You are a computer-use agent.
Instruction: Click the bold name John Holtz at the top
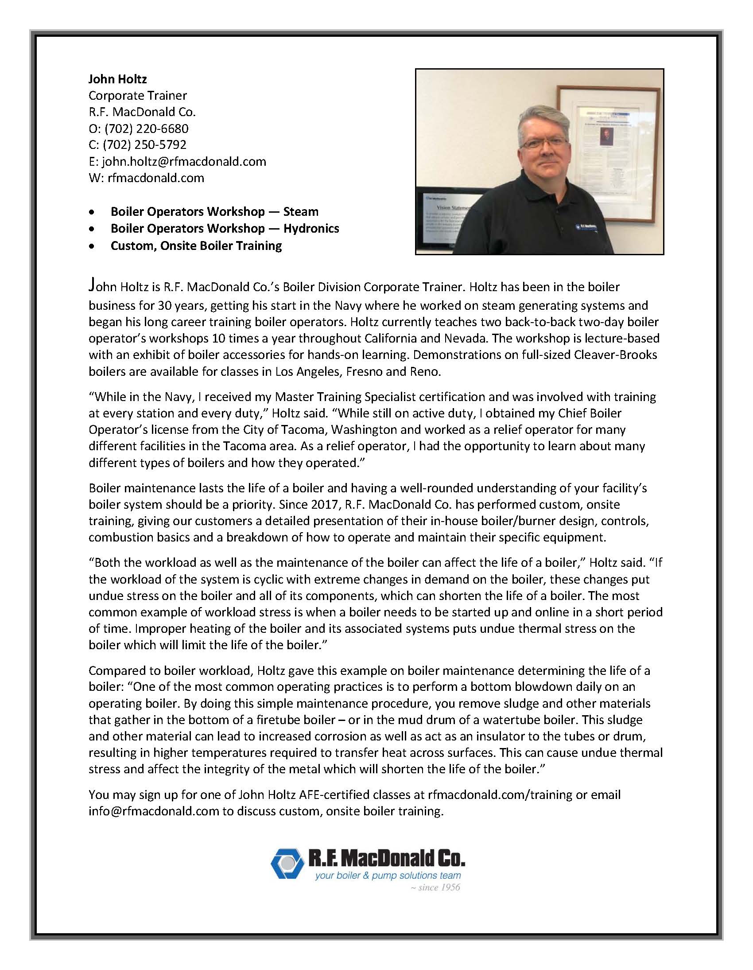coord(117,79)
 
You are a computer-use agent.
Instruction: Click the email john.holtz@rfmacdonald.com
coord(184,161)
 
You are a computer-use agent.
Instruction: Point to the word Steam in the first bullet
coord(301,211)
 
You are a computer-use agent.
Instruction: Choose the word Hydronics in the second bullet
coord(311,228)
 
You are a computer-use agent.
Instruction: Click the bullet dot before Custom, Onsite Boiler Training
coord(92,246)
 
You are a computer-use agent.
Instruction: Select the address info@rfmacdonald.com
coord(154,811)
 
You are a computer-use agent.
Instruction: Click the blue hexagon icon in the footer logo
coord(287,863)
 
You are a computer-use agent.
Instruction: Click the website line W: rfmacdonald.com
coord(146,178)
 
